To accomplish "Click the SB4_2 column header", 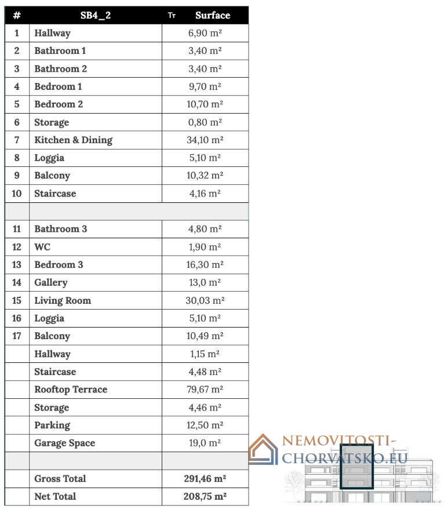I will [96, 16].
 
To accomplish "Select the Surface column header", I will [213, 16].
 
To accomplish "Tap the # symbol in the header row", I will [17, 16].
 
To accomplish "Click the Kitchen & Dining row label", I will [73, 140].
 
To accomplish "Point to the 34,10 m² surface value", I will [206, 140].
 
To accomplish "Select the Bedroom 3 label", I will [59, 264].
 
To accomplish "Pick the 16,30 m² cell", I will [206, 264].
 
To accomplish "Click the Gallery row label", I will [51, 282].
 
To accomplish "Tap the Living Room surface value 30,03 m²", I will [206, 300].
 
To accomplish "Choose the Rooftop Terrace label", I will [71, 390].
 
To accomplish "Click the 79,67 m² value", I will [206, 390].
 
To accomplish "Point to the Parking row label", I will [52, 425].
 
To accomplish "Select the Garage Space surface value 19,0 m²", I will [205, 443].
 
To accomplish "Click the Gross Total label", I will [60, 478].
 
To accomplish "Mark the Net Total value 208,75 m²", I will [205, 496].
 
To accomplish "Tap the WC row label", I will [42, 247].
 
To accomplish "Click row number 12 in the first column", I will [17, 247].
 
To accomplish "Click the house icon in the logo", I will [264, 450].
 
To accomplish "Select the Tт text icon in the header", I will [172, 16].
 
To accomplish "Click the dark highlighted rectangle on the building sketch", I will [356, 467].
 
